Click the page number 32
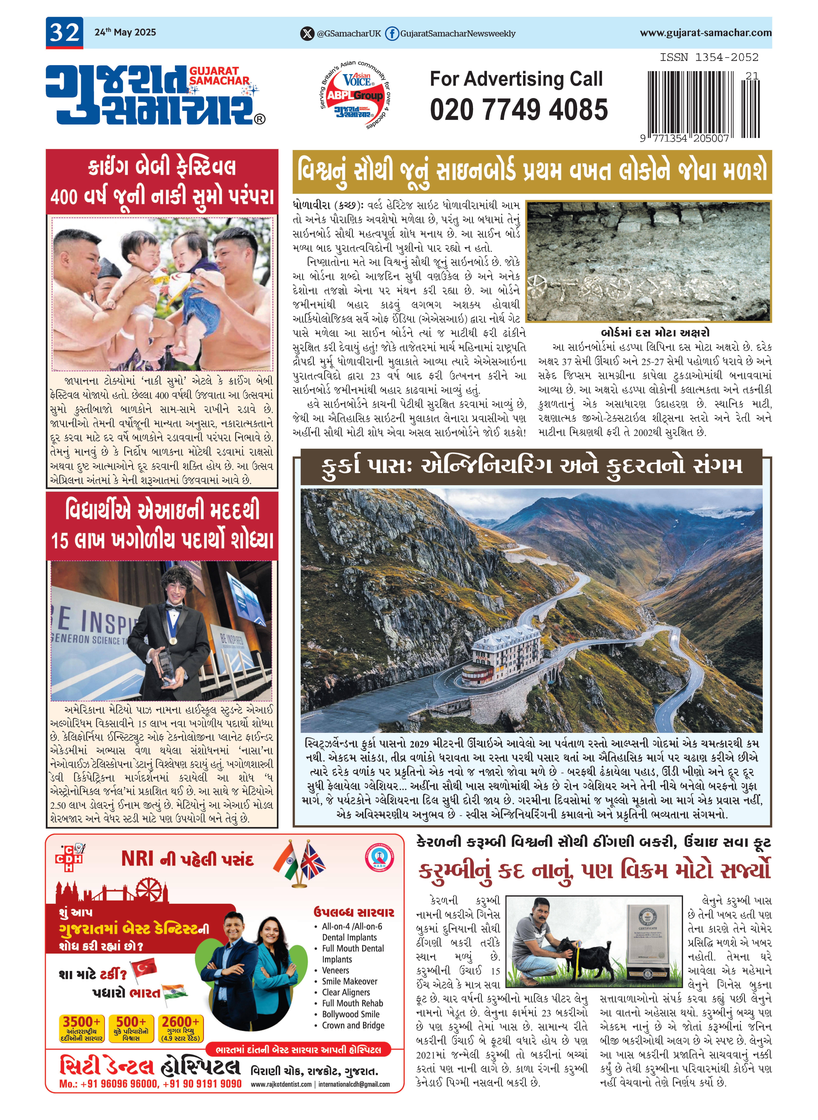tap(64, 33)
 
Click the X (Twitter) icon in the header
tap(307, 34)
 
